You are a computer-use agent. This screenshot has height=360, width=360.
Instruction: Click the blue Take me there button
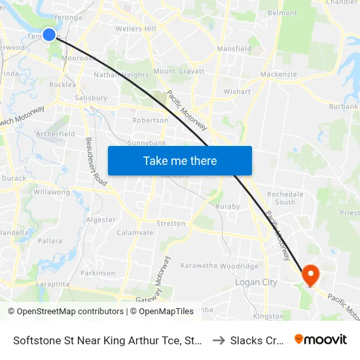click(x=179, y=160)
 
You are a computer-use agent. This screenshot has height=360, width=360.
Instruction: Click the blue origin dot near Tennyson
click(x=49, y=34)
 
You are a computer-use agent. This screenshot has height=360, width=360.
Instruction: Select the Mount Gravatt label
click(x=179, y=71)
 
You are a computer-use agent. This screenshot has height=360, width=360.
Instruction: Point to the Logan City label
click(x=256, y=283)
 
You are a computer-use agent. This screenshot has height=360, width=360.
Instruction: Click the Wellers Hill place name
click(x=135, y=29)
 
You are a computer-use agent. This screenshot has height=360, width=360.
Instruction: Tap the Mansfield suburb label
click(x=234, y=48)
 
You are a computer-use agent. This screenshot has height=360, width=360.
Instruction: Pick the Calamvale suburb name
click(x=135, y=232)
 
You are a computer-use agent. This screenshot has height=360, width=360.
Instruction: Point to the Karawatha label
click(x=198, y=266)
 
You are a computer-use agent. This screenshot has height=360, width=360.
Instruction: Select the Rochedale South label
click(x=285, y=198)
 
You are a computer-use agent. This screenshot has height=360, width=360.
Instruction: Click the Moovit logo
click(x=321, y=339)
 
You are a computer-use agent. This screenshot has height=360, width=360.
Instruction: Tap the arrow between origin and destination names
click(x=219, y=340)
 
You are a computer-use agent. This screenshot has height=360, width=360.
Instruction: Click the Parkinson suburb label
click(x=98, y=273)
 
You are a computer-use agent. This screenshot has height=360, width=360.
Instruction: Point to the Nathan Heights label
click(x=121, y=75)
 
